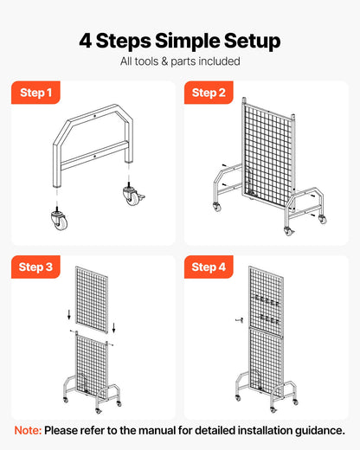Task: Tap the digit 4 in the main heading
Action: (85, 41)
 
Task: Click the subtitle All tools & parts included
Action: (180, 61)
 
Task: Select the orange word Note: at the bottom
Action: (28, 430)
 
